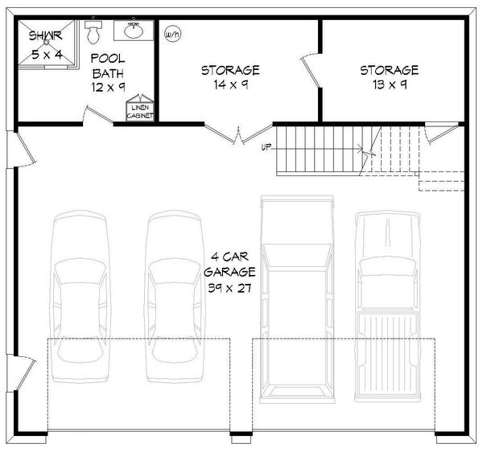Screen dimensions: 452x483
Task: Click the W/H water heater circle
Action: [x=171, y=35]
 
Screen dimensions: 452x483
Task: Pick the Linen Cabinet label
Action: [x=140, y=112]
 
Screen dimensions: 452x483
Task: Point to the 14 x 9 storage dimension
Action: [x=229, y=84]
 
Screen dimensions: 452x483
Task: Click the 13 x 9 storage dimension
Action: [x=389, y=84]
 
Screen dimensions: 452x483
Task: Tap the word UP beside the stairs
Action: [x=266, y=147]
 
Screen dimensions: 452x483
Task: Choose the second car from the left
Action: [x=175, y=298]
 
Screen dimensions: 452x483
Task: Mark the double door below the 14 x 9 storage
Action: [x=239, y=136]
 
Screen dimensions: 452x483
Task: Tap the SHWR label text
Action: [x=46, y=36]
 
